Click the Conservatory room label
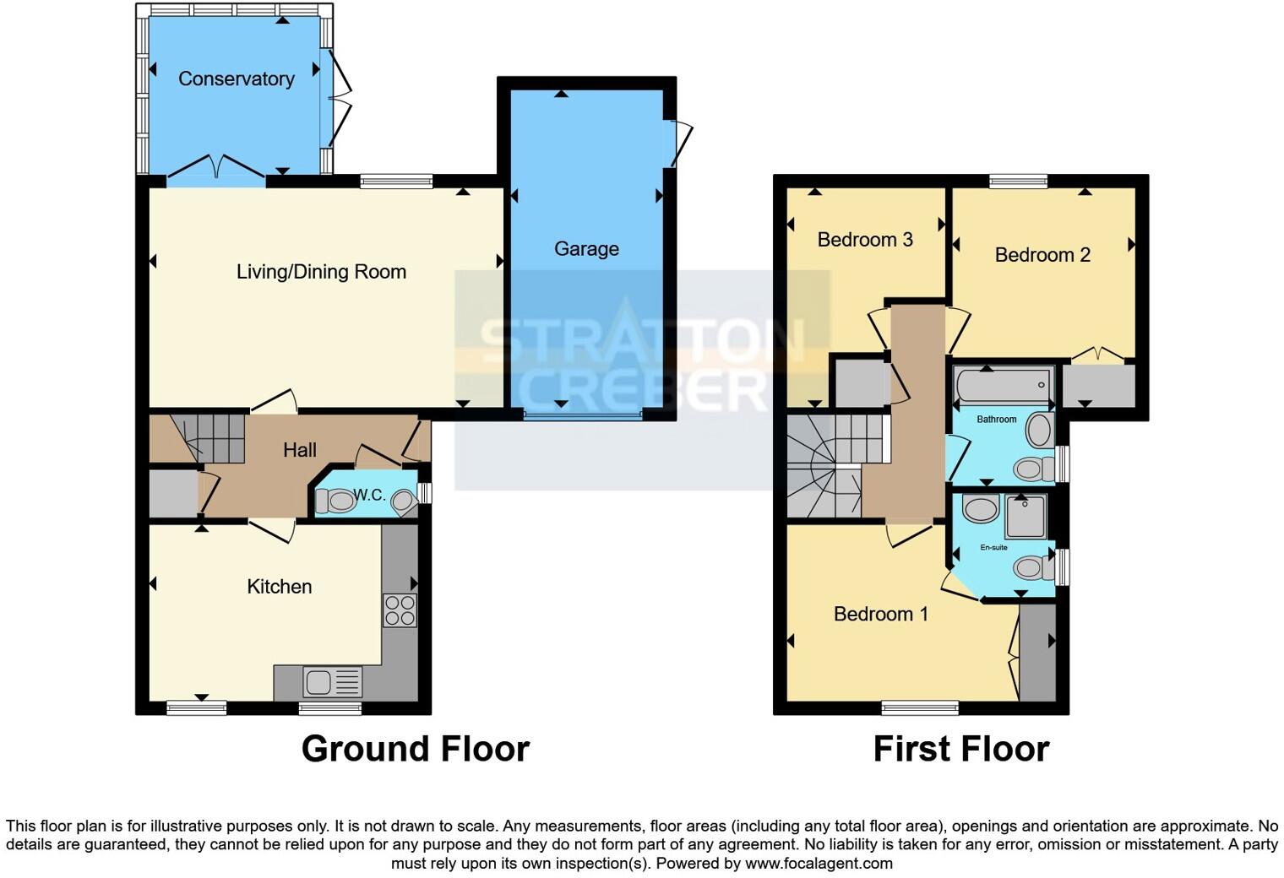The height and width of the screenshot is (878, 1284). coord(237,79)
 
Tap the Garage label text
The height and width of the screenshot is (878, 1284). coord(586,248)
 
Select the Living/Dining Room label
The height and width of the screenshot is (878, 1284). coord(322,272)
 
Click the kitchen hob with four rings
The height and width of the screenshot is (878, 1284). coord(400,610)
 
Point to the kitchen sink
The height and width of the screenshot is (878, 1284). coord(333,681)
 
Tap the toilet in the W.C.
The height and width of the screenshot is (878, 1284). coord(336,501)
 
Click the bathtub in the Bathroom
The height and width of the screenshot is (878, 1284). coord(1004,385)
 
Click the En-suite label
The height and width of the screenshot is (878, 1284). coord(993,548)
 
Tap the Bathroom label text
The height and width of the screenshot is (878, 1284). coord(997,420)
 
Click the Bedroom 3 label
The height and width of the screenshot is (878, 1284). coord(865,240)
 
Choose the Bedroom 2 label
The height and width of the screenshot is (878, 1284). coord(1042,255)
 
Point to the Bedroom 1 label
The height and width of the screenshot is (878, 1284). coord(881,614)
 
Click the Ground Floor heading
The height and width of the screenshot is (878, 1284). coord(416,749)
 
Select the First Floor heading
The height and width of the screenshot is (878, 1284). coord(961,749)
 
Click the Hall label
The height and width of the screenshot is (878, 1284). coord(300,450)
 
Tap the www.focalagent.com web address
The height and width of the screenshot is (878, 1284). coord(819,863)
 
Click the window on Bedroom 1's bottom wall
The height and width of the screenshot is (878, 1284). coord(919,708)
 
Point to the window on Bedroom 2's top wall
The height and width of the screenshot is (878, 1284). coord(1018,181)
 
